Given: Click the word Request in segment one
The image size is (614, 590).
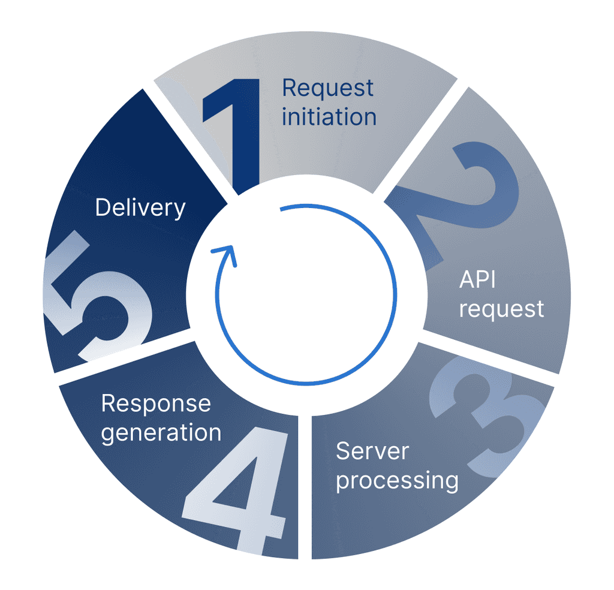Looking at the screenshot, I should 327,88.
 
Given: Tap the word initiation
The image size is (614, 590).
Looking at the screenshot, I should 329,116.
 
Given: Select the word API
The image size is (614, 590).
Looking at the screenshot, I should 477,279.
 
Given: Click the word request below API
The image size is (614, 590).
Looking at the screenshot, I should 501,309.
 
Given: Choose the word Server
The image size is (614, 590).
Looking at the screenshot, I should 372,451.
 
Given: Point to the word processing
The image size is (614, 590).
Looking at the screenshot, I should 397,480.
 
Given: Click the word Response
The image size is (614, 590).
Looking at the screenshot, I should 156,404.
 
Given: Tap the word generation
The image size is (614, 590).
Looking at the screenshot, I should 161,432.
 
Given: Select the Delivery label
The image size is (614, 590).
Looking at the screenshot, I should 140,208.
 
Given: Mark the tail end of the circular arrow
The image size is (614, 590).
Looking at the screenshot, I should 281,209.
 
